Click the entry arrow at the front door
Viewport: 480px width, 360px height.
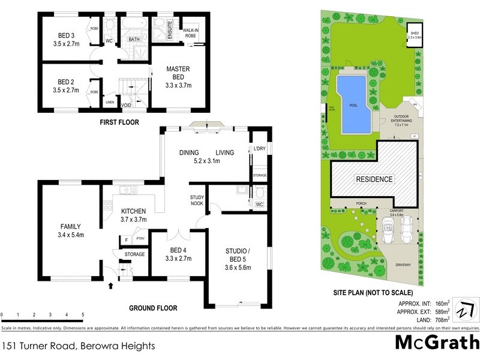coord(110,287)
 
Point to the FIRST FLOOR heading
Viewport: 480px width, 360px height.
coord(119,122)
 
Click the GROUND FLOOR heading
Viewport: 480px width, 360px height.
coord(154,308)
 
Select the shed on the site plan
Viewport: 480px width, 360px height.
coord(415,34)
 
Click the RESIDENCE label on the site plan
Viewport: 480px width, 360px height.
coord(375,179)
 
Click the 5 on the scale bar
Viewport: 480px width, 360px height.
coord(83,314)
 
